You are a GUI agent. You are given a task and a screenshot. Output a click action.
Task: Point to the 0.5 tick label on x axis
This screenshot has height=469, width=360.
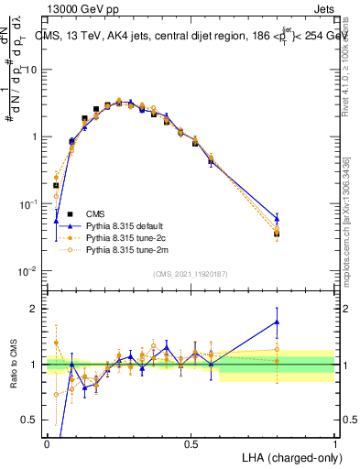191,443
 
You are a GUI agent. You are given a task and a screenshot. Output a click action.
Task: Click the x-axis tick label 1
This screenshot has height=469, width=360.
334,443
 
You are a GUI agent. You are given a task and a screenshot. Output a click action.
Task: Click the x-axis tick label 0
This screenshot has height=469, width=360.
47,443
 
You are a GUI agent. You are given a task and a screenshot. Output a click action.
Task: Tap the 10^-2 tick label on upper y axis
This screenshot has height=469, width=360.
27,271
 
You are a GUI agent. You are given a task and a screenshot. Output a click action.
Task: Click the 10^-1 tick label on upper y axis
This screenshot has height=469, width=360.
27,204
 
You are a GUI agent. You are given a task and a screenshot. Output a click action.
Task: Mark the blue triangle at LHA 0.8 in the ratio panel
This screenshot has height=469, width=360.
277,322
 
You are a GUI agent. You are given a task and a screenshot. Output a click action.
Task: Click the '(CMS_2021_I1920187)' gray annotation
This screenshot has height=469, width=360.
191,273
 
